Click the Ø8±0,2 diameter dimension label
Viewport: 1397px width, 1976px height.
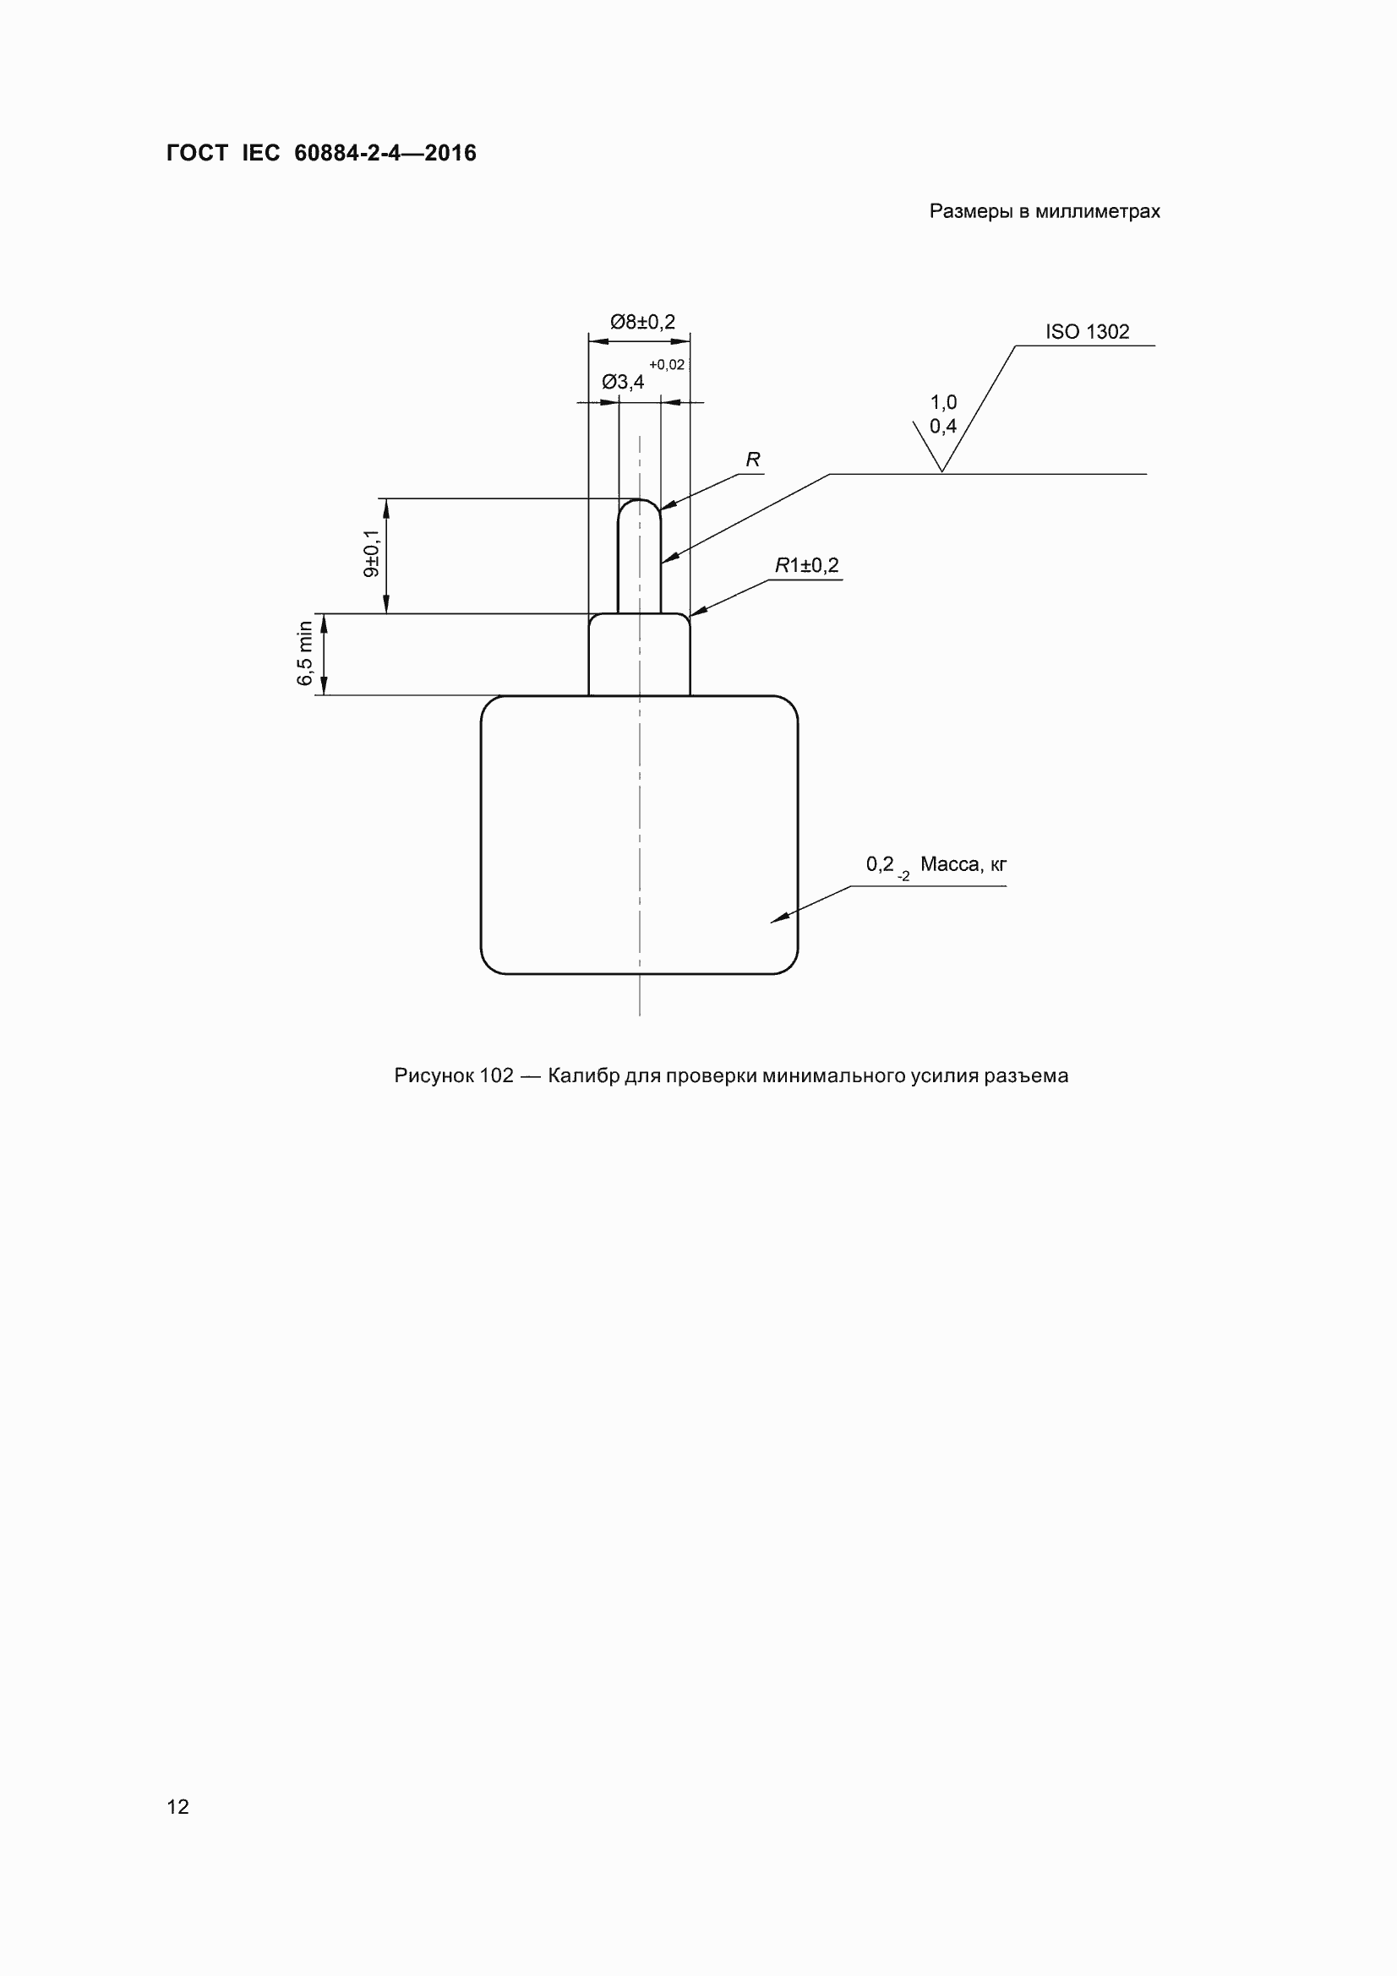pyautogui.click(x=643, y=322)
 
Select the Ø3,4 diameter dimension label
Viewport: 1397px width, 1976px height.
pyautogui.click(x=623, y=381)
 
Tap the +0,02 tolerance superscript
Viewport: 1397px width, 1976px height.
pyautogui.click(x=667, y=365)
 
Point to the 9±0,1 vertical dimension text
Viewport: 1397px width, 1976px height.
pyautogui.click(x=372, y=553)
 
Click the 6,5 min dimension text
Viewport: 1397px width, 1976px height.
pyautogui.click(x=305, y=653)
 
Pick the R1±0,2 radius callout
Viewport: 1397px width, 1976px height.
pyautogui.click(x=806, y=565)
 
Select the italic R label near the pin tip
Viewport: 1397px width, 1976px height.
pyautogui.click(x=753, y=460)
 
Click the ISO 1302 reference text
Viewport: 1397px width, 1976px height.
pyautogui.click(x=1087, y=331)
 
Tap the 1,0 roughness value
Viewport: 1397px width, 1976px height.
pyautogui.click(x=943, y=402)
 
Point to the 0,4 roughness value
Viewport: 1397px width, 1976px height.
pyautogui.click(x=943, y=426)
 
